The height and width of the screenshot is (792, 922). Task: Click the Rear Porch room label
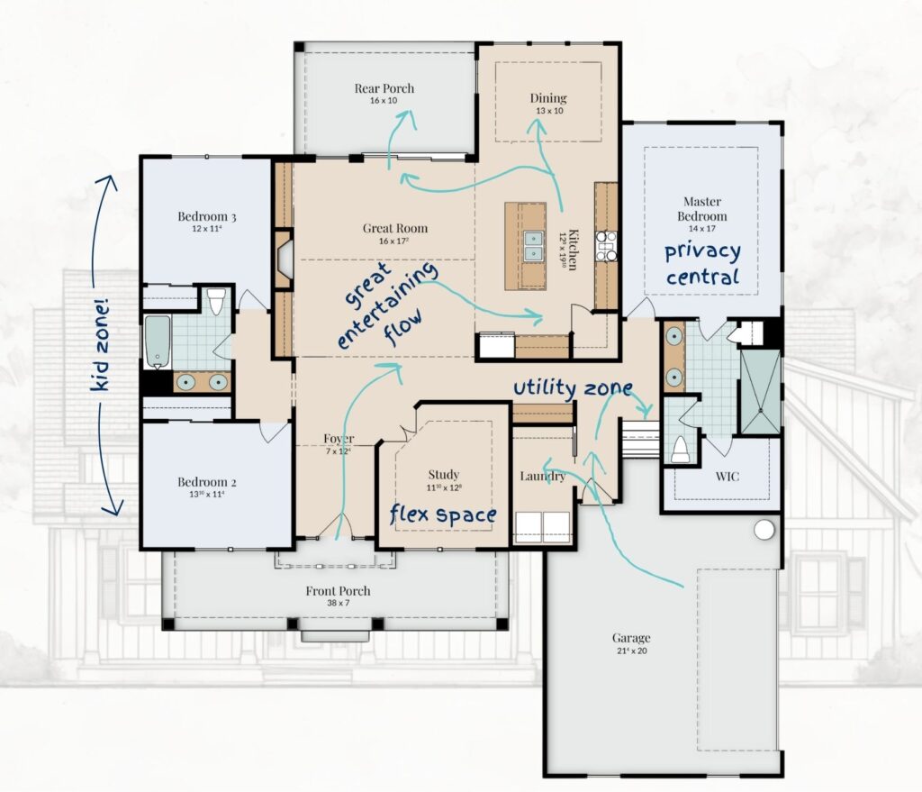384,88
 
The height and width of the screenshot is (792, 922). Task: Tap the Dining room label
547,98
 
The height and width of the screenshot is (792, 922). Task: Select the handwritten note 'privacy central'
703,263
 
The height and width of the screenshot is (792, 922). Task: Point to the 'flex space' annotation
442,514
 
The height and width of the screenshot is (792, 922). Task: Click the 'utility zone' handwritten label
572,387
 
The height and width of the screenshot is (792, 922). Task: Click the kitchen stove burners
606,246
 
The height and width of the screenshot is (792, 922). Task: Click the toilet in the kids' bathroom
216,301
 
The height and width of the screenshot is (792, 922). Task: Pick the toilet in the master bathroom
681,449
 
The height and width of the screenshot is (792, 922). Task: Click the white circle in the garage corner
764,530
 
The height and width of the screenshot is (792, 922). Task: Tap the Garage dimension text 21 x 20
630,651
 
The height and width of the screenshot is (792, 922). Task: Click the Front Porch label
338,591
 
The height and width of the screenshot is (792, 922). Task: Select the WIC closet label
728,476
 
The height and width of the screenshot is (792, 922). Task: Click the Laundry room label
543,476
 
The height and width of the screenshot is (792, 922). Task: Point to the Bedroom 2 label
206,482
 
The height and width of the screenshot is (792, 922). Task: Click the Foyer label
339,439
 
